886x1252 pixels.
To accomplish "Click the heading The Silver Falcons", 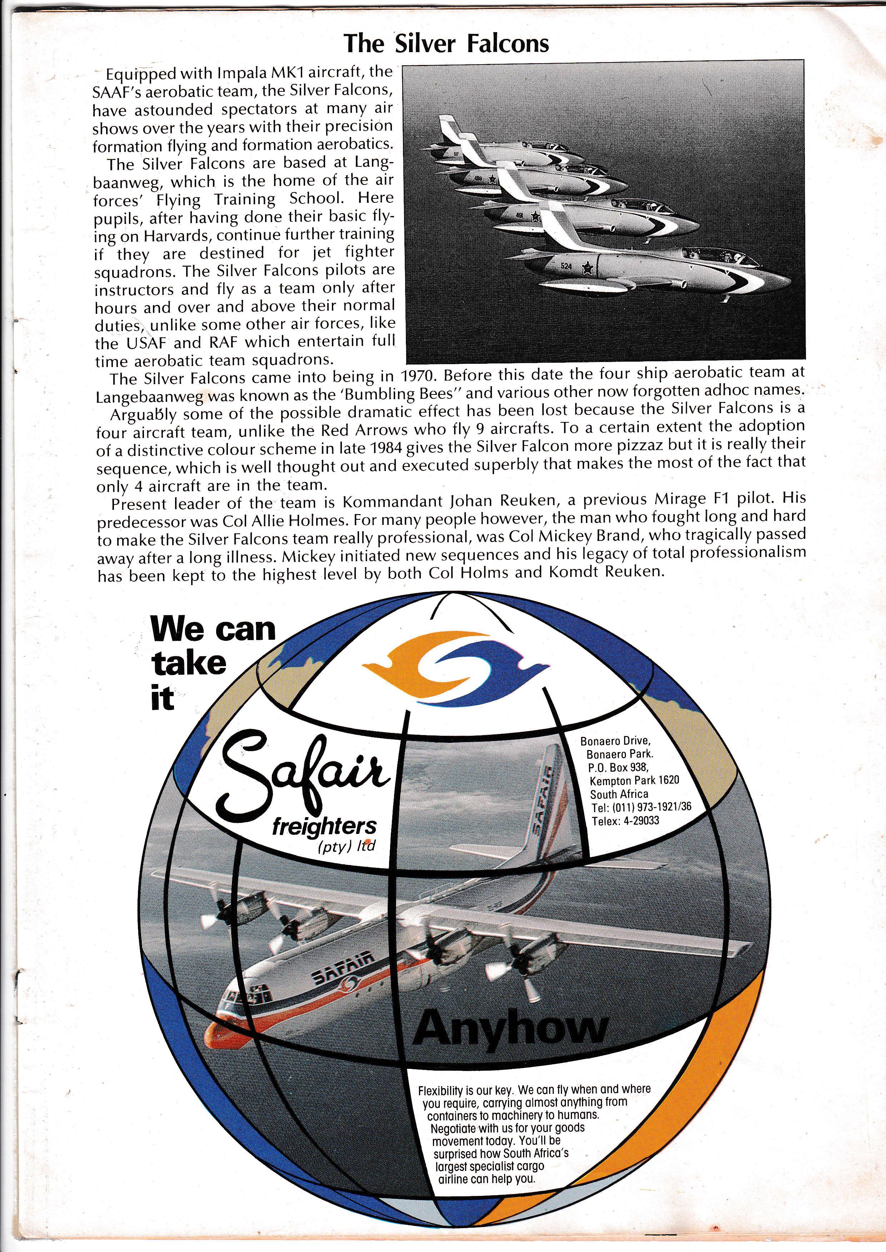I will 446,44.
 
